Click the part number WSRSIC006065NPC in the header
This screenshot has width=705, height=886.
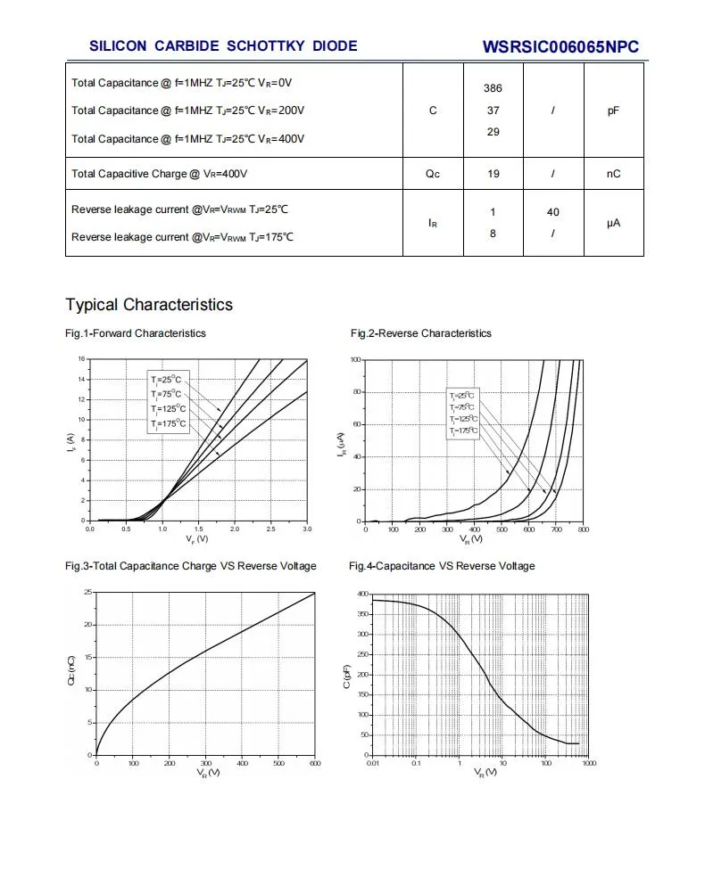click(560, 47)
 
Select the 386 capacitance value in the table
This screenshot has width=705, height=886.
click(493, 88)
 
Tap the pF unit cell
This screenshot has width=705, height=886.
click(613, 111)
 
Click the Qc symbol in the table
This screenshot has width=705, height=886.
click(433, 174)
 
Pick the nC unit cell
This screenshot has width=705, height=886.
click(613, 174)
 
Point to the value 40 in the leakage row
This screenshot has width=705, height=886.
click(553, 212)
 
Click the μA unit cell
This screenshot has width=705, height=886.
click(613, 223)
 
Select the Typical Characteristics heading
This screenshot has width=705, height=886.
click(149, 305)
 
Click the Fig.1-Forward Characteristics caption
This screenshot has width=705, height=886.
click(136, 333)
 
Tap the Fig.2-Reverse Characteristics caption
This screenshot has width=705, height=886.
click(421, 333)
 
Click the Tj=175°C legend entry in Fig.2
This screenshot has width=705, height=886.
click(463, 431)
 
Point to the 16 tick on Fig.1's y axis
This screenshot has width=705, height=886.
click(80, 359)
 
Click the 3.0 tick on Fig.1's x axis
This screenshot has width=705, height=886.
click(307, 529)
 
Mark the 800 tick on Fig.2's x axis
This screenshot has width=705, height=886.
click(583, 530)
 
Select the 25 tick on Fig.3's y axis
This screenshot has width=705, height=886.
click(87, 592)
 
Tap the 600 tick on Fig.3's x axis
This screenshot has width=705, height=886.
click(315, 764)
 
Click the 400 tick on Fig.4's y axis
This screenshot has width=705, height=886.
click(362, 594)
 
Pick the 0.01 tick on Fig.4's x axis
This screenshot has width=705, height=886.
click(372, 764)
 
